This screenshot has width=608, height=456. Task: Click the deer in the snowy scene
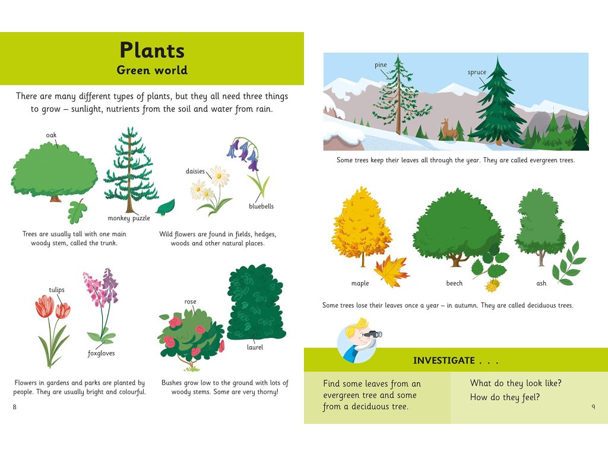point(449,129)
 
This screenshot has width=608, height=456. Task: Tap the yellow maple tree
point(362,226)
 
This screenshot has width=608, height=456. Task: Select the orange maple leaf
point(392,271)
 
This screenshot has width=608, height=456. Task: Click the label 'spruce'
point(477,72)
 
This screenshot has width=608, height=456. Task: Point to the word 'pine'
point(381,65)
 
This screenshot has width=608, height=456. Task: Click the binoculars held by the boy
point(373,334)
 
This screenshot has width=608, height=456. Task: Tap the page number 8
point(15,406)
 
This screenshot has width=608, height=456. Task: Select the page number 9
point(593,406)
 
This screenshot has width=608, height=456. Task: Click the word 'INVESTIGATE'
point(444,360)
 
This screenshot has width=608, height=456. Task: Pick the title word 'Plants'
point(152,50)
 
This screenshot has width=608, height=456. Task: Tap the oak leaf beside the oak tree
point(78,212)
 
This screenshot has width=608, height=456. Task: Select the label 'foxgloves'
point(101,353)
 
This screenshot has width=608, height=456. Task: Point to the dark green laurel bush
point(256,302)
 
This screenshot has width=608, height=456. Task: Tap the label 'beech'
point(454,283)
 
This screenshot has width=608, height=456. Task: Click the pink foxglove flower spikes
point(101,287)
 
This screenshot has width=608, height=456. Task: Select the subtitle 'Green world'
point(152,70)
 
